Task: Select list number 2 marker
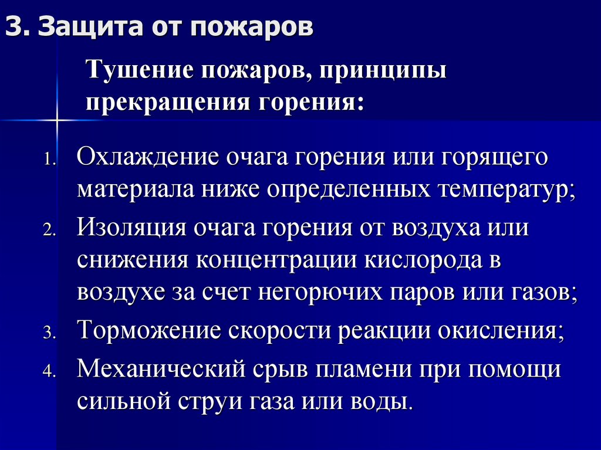coord(49,231)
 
